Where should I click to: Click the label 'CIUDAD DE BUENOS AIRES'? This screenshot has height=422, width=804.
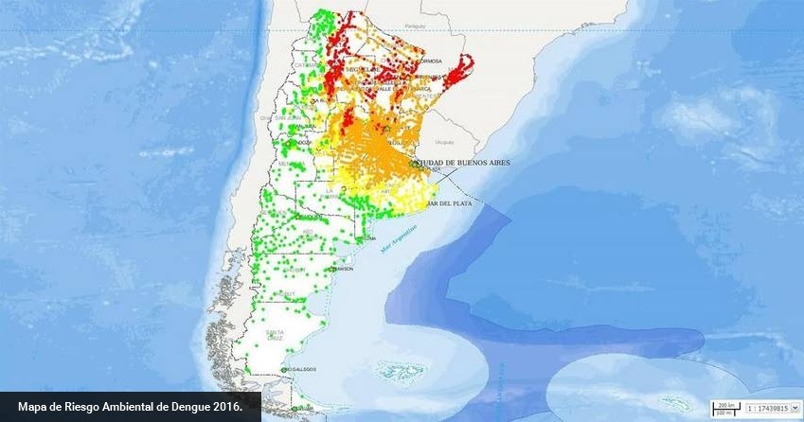point(460,163)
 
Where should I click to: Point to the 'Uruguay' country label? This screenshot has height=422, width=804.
point(444,142)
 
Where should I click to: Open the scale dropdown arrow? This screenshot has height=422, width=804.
point(795,407)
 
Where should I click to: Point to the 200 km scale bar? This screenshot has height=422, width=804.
point(726,405)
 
